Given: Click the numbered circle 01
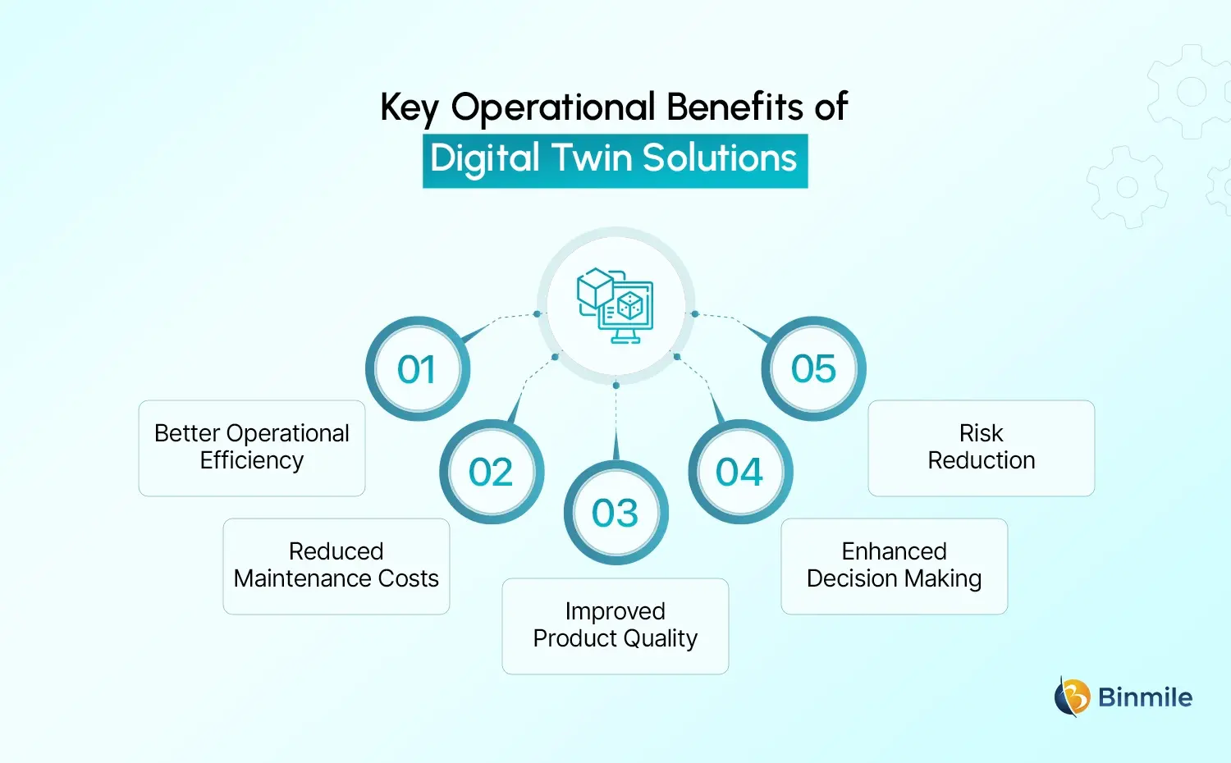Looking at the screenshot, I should click(x=417, y=369).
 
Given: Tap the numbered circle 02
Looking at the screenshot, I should click(x=491, y=472).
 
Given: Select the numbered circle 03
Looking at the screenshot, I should click(x=615, y=513).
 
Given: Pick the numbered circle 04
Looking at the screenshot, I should click(x=740, y=472).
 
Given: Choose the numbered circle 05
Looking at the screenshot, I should click(x=813, y=369).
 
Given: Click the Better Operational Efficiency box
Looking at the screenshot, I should click(x=252, y=448).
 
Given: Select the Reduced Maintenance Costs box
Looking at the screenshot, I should click(x=336, y=566).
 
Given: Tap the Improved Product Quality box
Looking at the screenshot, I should click(x=615, y=626).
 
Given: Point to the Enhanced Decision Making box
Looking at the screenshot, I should click(x=895, y=566).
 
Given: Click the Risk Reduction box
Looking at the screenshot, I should click(x=982, y=448).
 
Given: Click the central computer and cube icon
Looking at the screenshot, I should click(x=615, y=305).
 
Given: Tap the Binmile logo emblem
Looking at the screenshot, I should click(x=1072, y=697).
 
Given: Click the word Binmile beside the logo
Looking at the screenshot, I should click(x=1145, y=697).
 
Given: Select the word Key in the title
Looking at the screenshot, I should click(x=410, y=108).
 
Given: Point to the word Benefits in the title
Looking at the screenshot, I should click(x=734, y=107).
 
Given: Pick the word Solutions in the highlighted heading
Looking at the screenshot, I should click(x=720, y=158).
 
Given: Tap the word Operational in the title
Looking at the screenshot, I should click(x=553, y=108).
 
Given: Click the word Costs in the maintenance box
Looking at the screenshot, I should click(x=408, y=578).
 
